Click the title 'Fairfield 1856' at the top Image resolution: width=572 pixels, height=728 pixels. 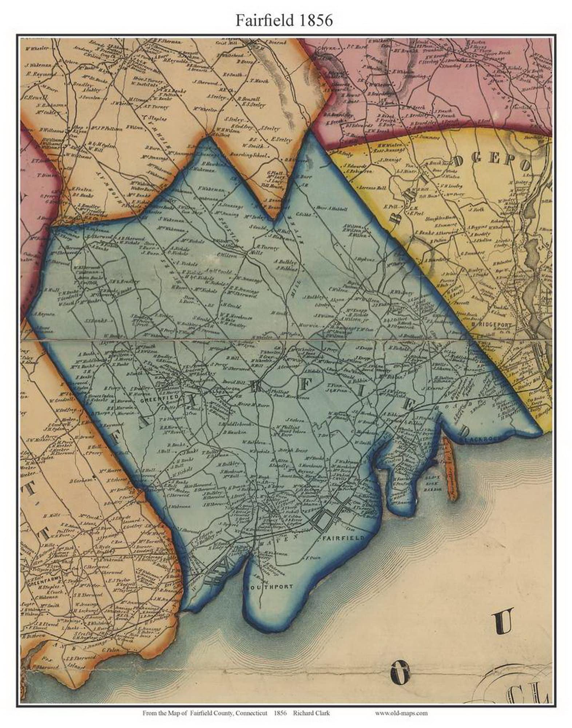[x=284, y=20]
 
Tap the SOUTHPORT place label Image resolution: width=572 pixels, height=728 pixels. [x=269, y=587]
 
